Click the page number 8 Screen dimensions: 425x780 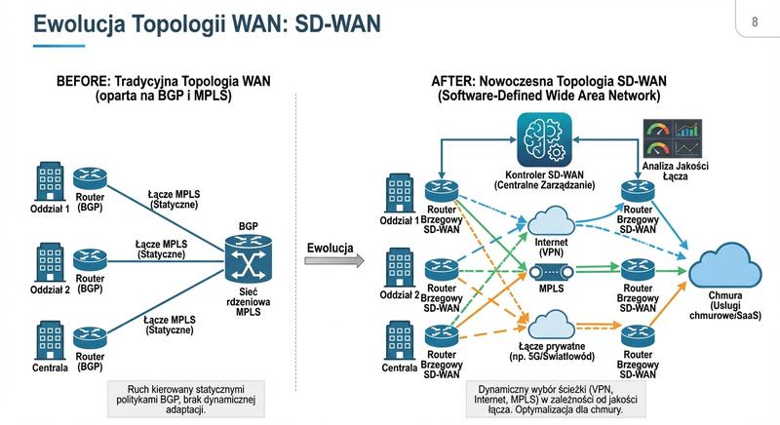(755, 20)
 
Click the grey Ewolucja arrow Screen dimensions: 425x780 (331, 261)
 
